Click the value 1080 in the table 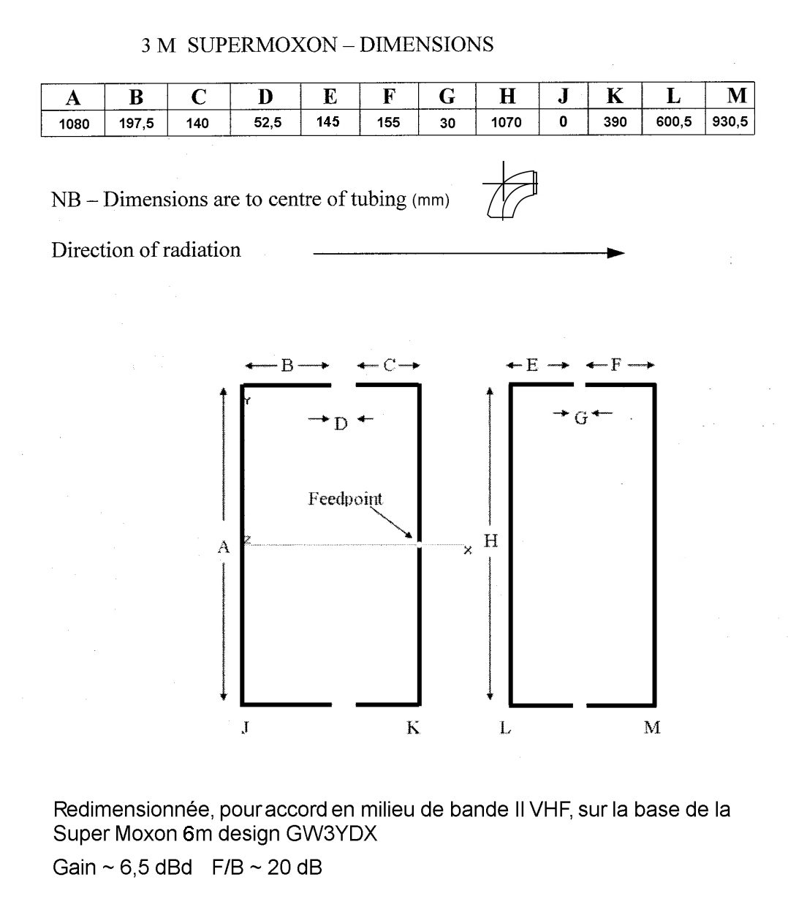coord(74,123)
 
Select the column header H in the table coord(507,97)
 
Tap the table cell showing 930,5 coord(730,122)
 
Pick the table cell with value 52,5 coord(268,122)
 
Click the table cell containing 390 coord(615,122)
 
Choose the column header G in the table coord(447,97)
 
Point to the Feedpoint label coord(345,499)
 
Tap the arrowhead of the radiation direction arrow coord(615,253)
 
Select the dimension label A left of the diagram coord(224,546)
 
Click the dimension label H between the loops coord(491,541)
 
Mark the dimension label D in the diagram coord(341,424)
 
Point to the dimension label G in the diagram coord(581,418)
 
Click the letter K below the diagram coord(413,728)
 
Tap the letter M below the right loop coord(652,728)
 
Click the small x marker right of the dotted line coord(468,549)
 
